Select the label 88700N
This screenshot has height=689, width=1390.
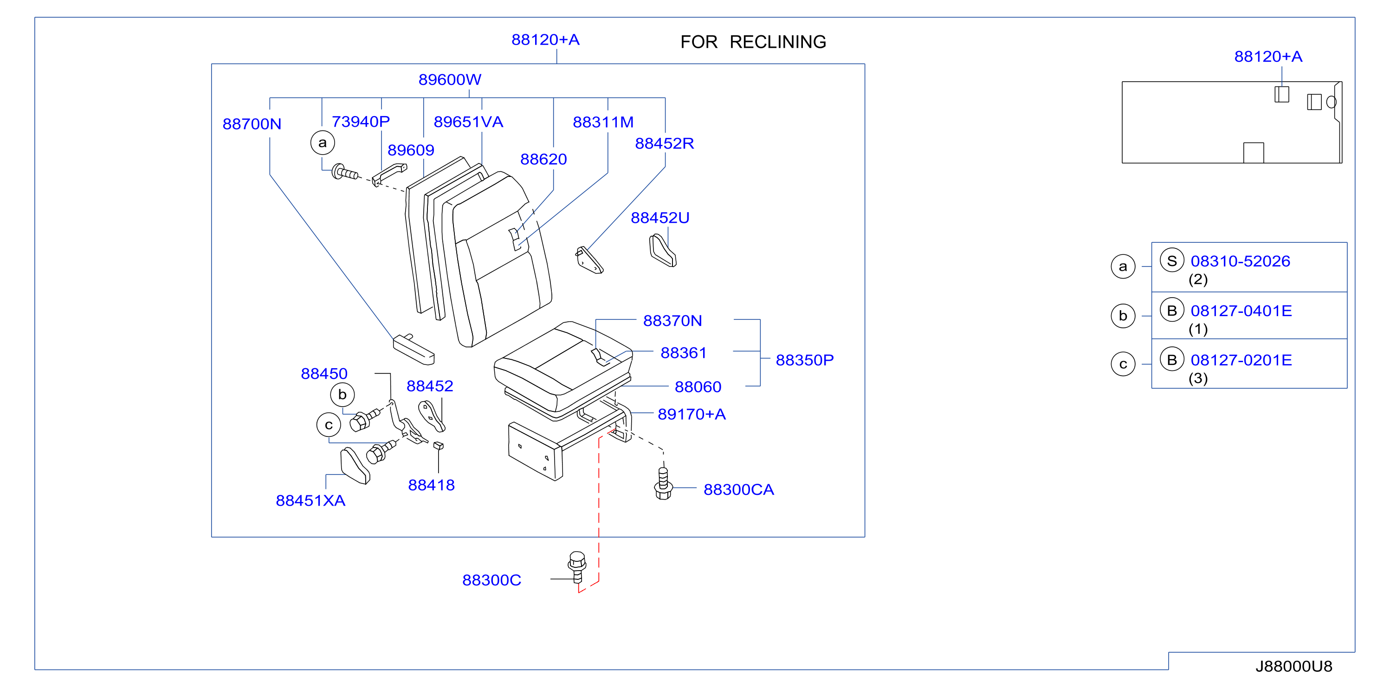click(252, 123)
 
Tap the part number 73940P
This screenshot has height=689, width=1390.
click(361, 122)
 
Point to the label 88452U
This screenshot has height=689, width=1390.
click(660, 218)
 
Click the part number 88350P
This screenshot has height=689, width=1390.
click(805, 360)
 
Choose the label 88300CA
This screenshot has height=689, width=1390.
click(739, 489)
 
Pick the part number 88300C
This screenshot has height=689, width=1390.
click(491, 580)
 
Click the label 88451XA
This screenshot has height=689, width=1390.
click(310, 500)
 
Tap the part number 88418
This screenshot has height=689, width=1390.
click(431, 485)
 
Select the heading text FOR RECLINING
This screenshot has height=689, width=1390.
click(753, 42)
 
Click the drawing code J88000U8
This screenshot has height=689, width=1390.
click(1293, 666)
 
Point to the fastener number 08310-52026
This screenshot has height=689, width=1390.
click(1240, 261)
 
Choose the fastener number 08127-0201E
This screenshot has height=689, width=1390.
click(1241, 360)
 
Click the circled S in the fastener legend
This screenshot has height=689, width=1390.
click(1171, 261)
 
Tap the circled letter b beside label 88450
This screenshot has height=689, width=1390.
click(342, 394)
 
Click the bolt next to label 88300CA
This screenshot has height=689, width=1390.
click(663, 483)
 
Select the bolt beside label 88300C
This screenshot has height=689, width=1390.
click(577, 566)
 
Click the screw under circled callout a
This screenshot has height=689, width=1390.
click(344, 173)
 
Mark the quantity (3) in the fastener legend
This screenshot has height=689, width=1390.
click(1198, 378)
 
